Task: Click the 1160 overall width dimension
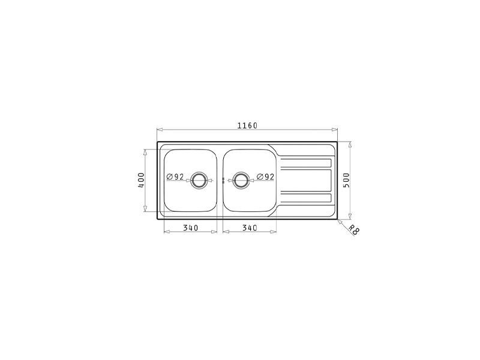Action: coord(247,125)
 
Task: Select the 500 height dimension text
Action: coord(346,181)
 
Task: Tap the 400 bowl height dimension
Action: coord(141,181)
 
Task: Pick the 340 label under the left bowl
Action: coord(190,228)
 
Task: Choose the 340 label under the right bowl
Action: coord(250,228)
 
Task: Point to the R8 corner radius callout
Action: coord(353,230)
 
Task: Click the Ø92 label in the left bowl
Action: coord(175,176)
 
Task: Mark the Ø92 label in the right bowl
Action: coord(265,176)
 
